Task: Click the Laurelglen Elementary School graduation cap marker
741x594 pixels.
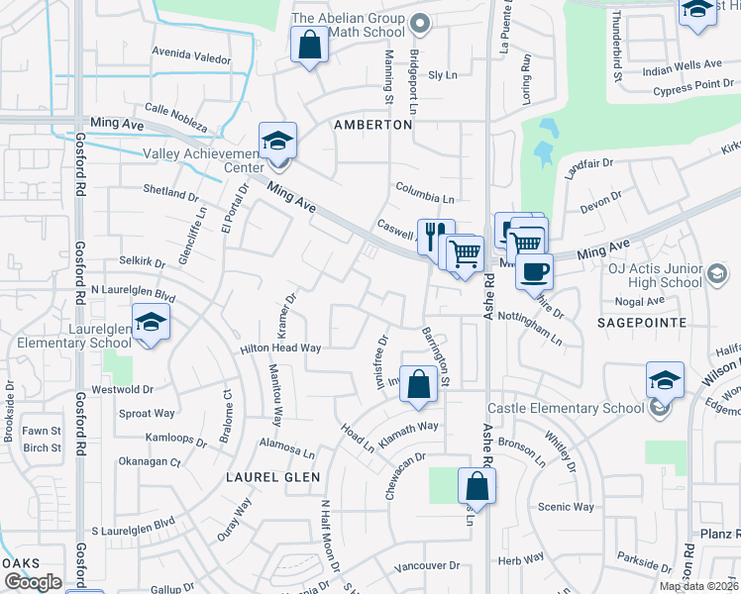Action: click(x=151, y=323)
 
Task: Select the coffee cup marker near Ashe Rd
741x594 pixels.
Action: click(x=534, y=270)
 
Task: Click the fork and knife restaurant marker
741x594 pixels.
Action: click(x=435, y=237)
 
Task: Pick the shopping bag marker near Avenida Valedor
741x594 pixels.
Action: click(x=309, y=45)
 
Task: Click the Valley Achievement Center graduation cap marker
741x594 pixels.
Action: click(x=277, y=141)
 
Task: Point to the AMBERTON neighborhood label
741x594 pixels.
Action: click(x=372, y=126)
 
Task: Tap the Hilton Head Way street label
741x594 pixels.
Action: click(x=280, y=348)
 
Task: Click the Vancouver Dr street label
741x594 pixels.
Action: click(x=427, y=566)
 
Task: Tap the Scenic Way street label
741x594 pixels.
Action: click(x=566, y=507)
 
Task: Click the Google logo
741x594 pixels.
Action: click(x=33, y=582)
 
